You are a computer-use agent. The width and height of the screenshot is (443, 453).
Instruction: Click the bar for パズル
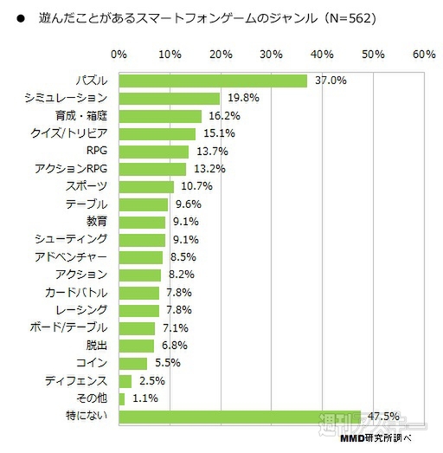coord(213,81)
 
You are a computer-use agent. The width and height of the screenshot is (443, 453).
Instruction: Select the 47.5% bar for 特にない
coord(240,417)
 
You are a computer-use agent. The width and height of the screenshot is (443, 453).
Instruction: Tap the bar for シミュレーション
coord(170,98)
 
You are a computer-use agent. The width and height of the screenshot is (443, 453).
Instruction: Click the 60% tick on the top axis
coord(424,55)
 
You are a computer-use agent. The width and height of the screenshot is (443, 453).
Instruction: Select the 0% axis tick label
coord(119,55)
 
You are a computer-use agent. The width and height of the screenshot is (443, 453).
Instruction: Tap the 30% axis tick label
coord(272,55)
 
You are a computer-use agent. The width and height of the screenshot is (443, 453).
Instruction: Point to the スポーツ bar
coord(146,186)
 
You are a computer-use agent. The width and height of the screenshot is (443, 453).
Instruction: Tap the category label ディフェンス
coord(76,381)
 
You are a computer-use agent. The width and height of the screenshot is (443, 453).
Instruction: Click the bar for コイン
coord(133,363)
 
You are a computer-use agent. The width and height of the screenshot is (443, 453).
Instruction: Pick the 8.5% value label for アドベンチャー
coord(184,257)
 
